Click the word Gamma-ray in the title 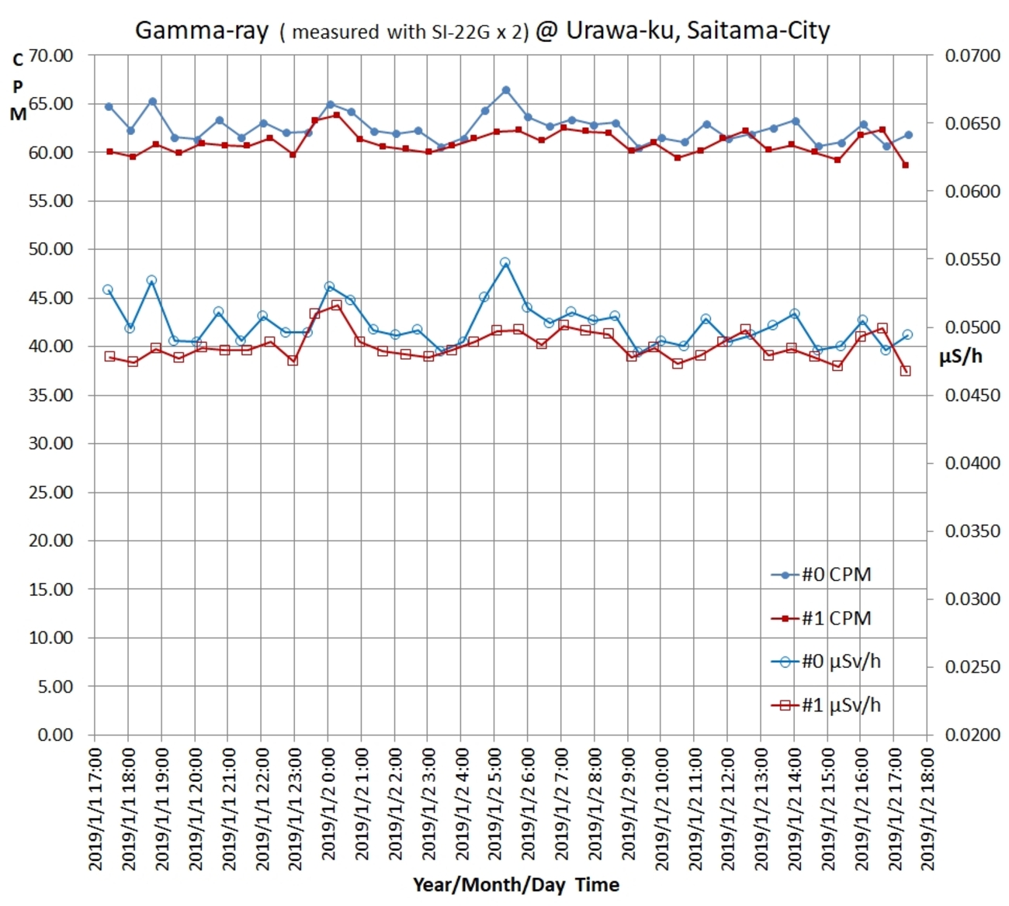(x=202, y=31)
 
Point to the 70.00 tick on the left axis (x=50, y=56)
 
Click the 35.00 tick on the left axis (x=50, y=396)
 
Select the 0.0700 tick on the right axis (x=972, y=56)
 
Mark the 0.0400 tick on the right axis (x=972, y=463)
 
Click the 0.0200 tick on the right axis (x=972, y=735)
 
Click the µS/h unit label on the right (x=961, y=357)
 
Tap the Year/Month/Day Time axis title (x=515, y=885)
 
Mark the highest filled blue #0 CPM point (x=506, y=90)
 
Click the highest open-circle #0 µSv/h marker (x=505, y=263)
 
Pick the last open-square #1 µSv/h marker (x=905, y=371)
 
